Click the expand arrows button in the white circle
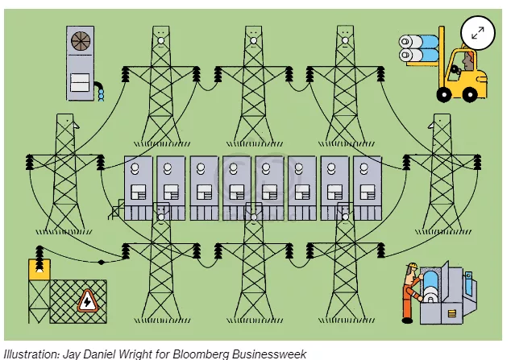478,32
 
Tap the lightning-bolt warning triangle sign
87,301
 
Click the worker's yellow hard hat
413,266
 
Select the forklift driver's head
468,60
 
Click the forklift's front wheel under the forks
444,94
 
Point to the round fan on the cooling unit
81,41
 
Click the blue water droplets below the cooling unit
101,94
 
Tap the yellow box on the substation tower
39,270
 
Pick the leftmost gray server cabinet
139,188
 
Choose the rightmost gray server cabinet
368,188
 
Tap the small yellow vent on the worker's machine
451,314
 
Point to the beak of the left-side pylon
77,126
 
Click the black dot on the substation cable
102,262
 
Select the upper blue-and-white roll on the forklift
419,42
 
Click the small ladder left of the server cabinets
116,209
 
